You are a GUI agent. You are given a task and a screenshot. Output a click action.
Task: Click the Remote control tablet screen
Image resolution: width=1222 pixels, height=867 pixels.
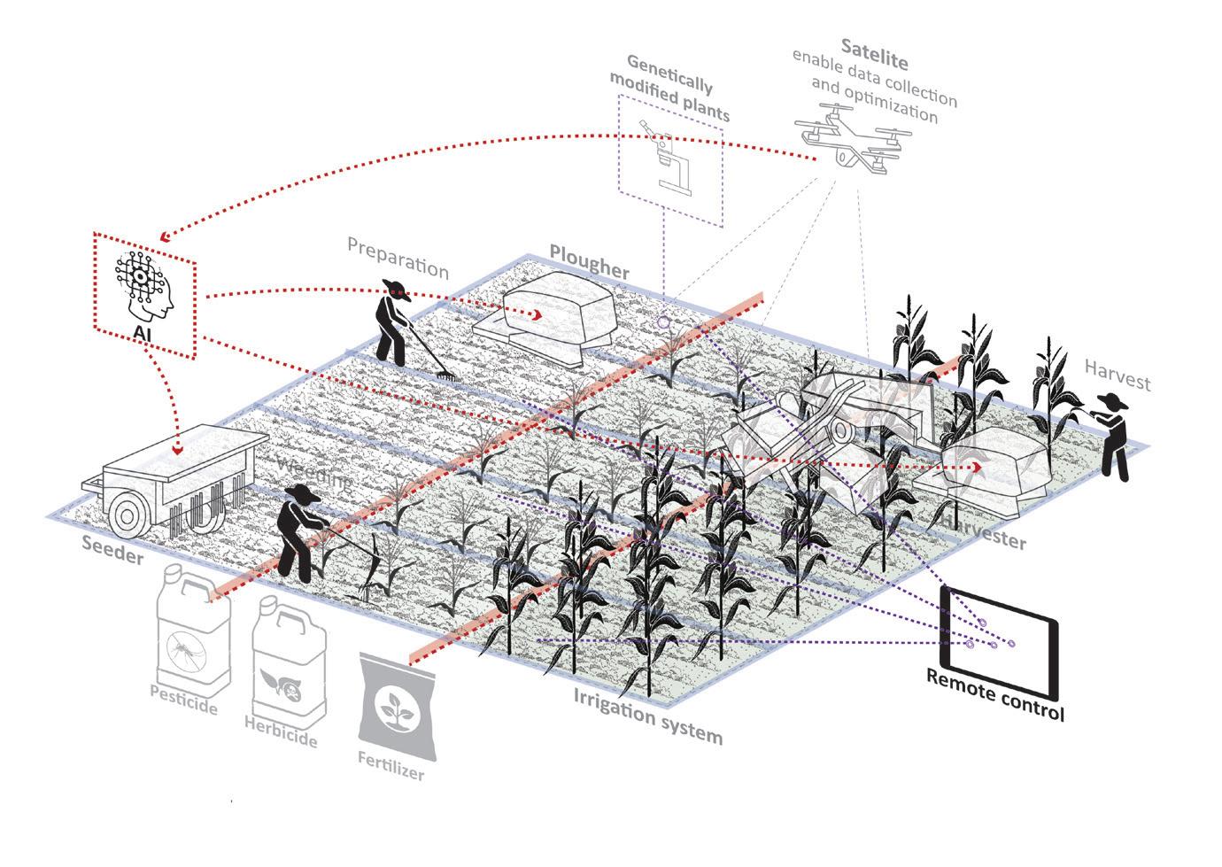(1001, 640)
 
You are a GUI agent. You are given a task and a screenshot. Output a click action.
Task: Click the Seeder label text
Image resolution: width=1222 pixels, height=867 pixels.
(112, 550)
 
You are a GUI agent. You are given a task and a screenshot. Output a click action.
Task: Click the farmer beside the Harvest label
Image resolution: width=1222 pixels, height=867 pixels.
(1114, 437)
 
